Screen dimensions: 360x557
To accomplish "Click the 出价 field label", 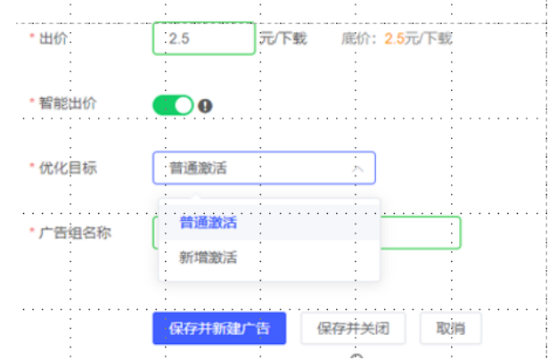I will pos(53,38).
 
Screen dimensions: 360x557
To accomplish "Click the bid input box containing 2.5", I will pos(203,38).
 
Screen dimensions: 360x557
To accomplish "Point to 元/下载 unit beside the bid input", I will pos(283,38).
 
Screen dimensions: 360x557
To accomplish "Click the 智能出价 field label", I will pos(68,103).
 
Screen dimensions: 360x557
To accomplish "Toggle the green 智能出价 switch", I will pos(173,105).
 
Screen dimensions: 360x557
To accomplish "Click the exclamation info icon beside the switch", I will pos(206,106).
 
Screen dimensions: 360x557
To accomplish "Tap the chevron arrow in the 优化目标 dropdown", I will pos(357,168).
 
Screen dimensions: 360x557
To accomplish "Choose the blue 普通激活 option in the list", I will pos(208,222).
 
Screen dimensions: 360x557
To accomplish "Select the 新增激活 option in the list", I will pos(208,258).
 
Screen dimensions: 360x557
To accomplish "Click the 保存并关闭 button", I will pos(353,328).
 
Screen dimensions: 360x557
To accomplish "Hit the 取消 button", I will pos(450,328).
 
